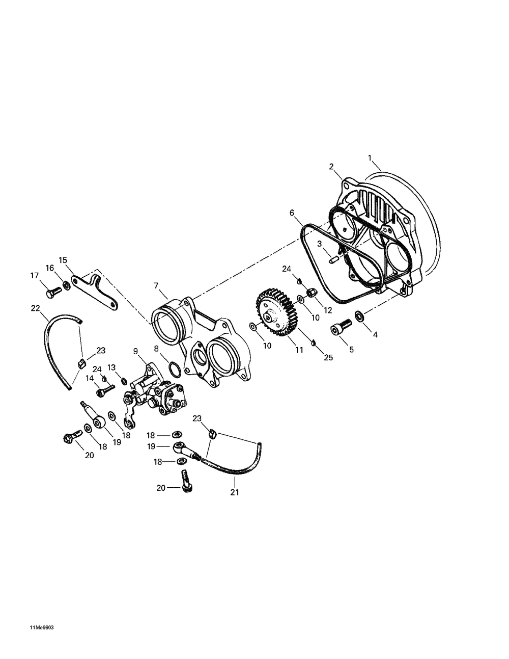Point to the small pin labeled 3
pyautogui.click(x=333, y=260)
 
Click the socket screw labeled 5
pyautogui.click(x=341, y=327)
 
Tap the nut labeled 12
pyautogui.click(x=311, y=293)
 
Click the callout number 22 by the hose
pyautogui.click(x=36, y=308)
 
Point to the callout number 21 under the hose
pyautogui.click(x=235, y=492)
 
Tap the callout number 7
pyautogui.click(x=156, y=285)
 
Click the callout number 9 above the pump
pyautogui.click(x=135, y=351)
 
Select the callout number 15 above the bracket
pyautogui.click(x=63, y=260)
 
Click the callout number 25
pyautogui.click(x=328, y=358)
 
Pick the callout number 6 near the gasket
pyautogui.click(x=292, y=213)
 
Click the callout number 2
pyautogui.click(x=331, y=167)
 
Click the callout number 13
pyautogui.click(x=111, y=367)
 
